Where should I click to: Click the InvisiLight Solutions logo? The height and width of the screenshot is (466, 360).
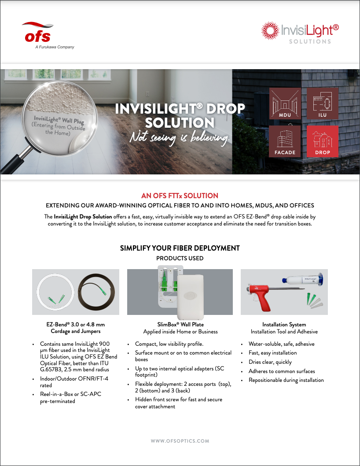pyautogui.click(x=300, y=33)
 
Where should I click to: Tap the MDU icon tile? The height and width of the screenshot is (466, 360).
pyautogui.click(x=285, y=104)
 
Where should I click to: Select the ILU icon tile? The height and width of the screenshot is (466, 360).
pyautogui.click(x=323, y=104)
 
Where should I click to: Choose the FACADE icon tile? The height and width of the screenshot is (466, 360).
pyautogui.click(x=285, y=141)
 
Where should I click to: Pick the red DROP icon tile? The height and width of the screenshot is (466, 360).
pyautogui.click(x=323, y=141)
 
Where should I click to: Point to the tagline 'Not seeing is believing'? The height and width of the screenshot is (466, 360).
pyautogui.click(x=180, y=137)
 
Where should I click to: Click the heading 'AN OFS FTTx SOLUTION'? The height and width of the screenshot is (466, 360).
pyautogui.click(x=180, y=196)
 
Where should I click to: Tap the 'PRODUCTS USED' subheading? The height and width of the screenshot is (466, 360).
pyautogui.click(x=180, y=258)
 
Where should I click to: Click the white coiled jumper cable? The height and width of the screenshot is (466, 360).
pyautogui.click(x=55, y=292)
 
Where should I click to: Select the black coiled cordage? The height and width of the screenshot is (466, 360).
pyautogui.click(x=96, y=292)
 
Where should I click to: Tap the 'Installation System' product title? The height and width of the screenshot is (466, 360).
pyautogui.click(x=284, y=325)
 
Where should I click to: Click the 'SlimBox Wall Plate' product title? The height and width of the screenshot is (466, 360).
pyautogui.click(x=180, y=325)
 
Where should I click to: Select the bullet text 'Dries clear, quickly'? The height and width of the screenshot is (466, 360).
pyautogui.click(x=270, y=362)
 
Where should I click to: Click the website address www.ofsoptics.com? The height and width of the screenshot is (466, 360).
pyautogui.click(x=180, y=441)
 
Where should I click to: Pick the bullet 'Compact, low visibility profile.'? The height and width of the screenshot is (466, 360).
pyautogui.click(x=169, y=344)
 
